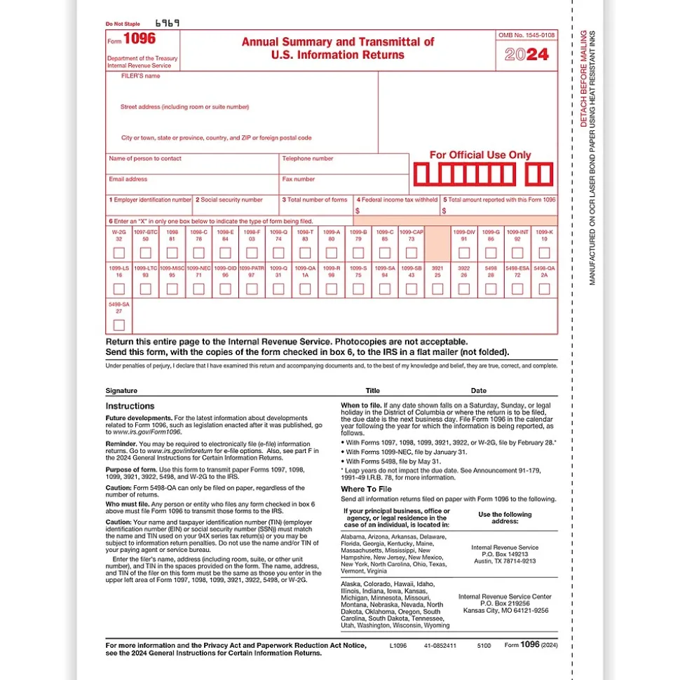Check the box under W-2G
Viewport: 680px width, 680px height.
(119, 253)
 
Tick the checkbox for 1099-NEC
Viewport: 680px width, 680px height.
(200, 289)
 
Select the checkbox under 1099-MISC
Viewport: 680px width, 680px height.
(172, 289)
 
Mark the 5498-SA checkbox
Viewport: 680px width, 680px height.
(119, 325)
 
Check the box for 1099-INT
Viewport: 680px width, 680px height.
(517, 253)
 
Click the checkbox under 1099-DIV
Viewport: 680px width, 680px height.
(463, 253)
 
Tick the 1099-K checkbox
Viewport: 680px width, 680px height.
(544, 253)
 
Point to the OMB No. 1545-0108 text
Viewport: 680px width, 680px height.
(526, 35)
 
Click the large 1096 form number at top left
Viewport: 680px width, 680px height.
(140, 39)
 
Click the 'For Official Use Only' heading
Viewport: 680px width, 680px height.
(480, 155)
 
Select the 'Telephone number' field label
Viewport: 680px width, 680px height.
(308, 159)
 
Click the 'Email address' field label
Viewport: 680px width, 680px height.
(128, 179)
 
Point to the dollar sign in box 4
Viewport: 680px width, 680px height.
(358, 210)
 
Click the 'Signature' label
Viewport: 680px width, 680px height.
(121, 391)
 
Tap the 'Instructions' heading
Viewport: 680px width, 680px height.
(130, 406)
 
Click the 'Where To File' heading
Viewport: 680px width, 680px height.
(366, 489)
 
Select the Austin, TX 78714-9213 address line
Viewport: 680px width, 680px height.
(504, 561)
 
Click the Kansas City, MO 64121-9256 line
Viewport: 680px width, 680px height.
(504, 610)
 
